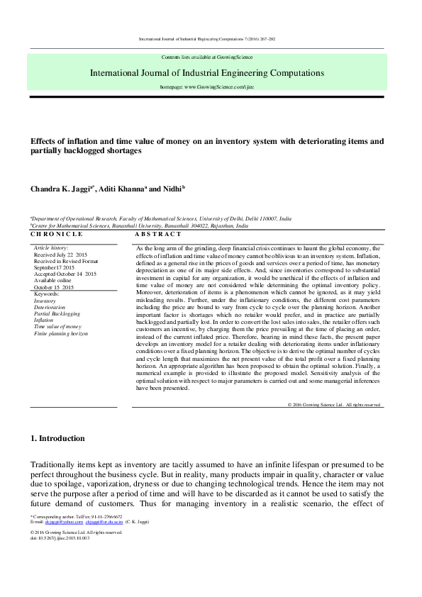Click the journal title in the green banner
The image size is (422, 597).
click(x=207, y=72)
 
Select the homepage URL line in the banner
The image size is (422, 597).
click(x=207, y=85)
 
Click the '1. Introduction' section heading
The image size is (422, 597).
click(x=57, y=438)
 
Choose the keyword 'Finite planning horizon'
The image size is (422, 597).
click(x=61, y=333)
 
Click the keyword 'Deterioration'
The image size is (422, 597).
click(x=50, y=306)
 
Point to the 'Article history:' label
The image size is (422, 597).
click(x=51, y=247)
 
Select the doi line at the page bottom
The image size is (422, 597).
click(x=60, y=538)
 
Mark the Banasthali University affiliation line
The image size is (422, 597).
click(x=139, y=225)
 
